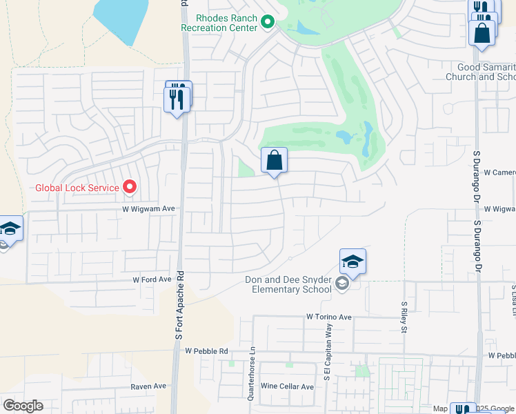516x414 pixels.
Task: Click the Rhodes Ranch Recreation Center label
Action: pos(219,23)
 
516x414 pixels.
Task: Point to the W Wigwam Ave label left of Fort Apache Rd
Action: pos(149,208)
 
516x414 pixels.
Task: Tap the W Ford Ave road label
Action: pos(152,279)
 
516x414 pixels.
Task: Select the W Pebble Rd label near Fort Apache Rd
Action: pos(206,351)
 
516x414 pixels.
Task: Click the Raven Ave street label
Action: pos(148,386)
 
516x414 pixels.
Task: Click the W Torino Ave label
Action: pos(329,317)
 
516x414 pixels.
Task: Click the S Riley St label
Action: pos(404,317)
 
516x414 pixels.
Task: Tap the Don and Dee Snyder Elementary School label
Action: pos(288,284)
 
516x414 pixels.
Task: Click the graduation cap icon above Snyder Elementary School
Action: pos(353,262)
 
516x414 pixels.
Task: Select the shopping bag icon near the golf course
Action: pos(274,161)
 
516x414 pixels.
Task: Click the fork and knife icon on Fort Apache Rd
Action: pos(177,97)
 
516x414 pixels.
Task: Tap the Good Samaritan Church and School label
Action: pos(487,72)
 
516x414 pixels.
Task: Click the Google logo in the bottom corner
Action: pos(23,406)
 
